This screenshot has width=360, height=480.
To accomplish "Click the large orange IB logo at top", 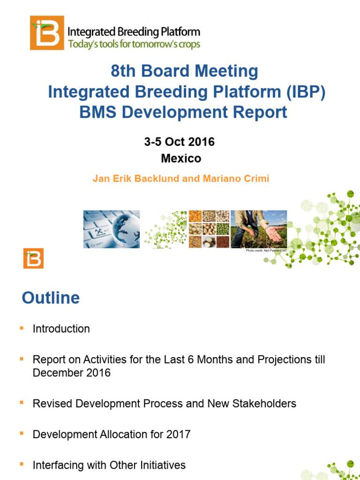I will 47,32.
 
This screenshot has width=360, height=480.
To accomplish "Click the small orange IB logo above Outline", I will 33,258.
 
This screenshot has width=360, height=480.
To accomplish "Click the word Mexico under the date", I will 181,158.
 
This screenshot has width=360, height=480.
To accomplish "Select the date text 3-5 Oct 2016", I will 180,142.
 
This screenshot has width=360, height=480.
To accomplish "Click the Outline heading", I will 51,298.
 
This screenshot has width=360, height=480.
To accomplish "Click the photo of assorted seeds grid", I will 209,229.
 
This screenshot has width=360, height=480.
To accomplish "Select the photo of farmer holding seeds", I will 259,229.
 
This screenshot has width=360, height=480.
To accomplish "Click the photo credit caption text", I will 266,251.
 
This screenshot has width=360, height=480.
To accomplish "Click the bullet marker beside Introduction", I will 21,328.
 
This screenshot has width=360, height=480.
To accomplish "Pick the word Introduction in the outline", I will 61,329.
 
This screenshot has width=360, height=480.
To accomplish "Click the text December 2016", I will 72,374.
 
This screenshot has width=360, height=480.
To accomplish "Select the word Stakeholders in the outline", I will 267,404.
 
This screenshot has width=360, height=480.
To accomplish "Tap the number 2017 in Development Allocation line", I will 178,434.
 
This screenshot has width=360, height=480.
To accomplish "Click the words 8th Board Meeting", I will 184,71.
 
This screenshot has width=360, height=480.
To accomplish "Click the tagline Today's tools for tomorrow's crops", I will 134,45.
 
